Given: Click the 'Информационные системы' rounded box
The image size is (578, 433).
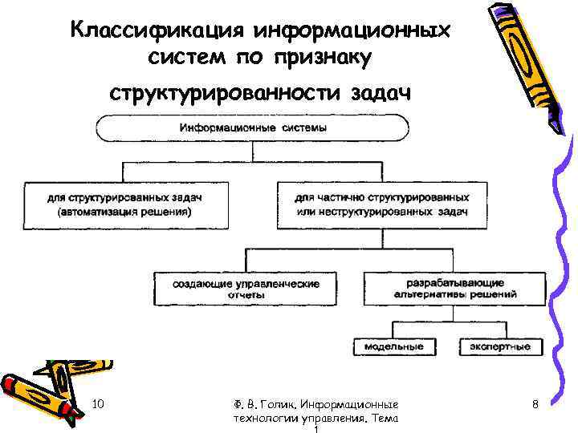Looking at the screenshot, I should point(253,128).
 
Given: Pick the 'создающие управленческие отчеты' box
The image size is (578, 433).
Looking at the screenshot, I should point(246,289).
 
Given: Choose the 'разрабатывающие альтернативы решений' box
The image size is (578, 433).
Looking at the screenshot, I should point(454,289).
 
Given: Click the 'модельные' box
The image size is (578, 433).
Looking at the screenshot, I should point(393,346).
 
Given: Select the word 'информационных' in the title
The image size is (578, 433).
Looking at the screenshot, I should point(353,31).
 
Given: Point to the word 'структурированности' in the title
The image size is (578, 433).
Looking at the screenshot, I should point(225,94).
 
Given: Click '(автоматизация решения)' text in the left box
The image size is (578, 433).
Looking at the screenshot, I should point(124,212).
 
